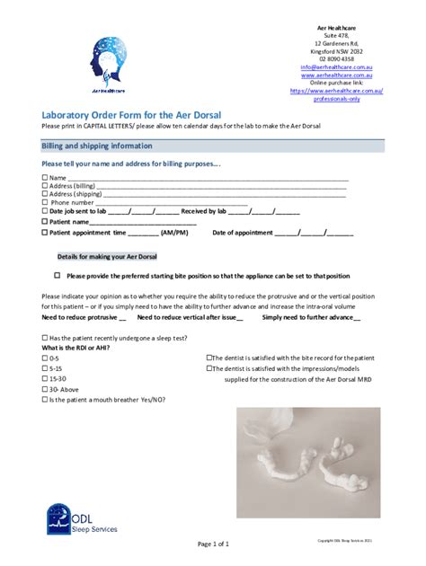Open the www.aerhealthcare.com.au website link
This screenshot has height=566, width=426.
tap(336, 75)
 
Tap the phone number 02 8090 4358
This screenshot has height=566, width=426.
tap(336, 58)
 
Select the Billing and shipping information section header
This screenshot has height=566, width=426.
tap(97, 146)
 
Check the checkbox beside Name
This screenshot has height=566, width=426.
tap(45, 179)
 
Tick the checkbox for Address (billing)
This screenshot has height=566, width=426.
tap(45, 186)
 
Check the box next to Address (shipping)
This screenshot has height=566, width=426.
tap(45, 194)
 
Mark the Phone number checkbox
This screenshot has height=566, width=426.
tap(45, 203)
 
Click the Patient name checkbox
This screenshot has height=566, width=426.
tap(45, 221)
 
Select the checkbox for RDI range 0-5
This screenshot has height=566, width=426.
tap(45, 358)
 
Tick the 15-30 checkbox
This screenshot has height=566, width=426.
tap(45, 379)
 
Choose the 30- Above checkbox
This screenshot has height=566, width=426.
tap(45, 389)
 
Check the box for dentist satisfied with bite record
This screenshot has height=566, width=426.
tap(209, 358)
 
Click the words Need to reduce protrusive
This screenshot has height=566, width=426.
tap(79, 317)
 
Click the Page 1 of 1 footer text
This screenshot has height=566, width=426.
tap(212, 544)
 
